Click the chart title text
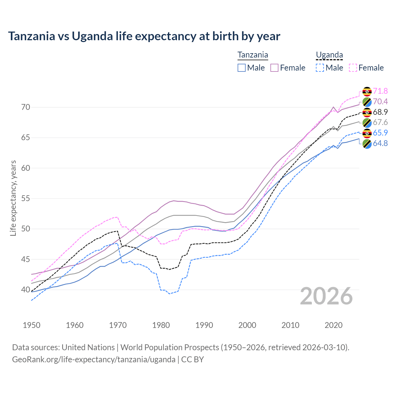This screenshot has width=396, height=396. click(144, 36)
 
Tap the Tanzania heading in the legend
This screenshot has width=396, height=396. click(252, 55)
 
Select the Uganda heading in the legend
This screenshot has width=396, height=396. click(329, 55)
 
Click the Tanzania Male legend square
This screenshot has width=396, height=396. click(242, 68)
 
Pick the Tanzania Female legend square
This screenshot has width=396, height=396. click(274, 68)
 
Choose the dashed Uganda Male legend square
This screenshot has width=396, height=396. click(320, 68)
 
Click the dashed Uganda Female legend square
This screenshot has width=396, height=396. click(353, 68)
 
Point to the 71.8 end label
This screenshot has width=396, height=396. click(380, 91)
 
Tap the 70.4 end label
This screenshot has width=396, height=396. click(380, 101)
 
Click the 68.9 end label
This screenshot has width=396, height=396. click(380, 112)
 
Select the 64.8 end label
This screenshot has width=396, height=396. click(380, 143)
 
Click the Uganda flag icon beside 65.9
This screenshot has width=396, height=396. click(367, 133)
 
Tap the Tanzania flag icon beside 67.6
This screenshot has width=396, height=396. click(367, 123)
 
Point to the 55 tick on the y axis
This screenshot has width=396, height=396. click(26, 198)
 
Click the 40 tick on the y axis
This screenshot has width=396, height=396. click(26, 290)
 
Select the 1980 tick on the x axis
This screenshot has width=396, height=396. click(161, 325)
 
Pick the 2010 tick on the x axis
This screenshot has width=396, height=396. click(291, 325)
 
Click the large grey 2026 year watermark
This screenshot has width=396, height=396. click(326, 296)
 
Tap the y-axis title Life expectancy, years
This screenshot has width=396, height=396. click(13, 198)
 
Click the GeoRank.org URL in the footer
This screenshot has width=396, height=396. click(94, 359)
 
